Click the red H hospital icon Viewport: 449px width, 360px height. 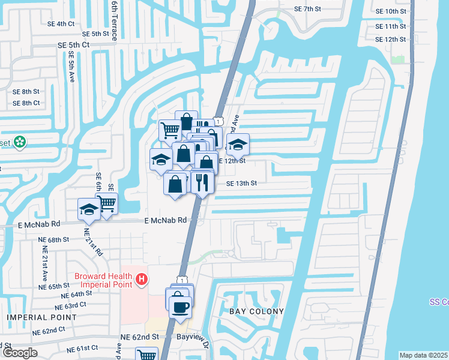click(x=142, y=279)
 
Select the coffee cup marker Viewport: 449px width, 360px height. click(x=180, y=308)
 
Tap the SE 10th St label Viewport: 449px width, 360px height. click(x=390, y=11)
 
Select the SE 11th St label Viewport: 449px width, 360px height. click(x=390, y=26)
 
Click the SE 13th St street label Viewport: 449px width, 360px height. click(x=241, y=184)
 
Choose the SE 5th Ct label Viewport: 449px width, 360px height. click(x=73, y=45)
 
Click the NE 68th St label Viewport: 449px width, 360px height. click(x=53, y=239)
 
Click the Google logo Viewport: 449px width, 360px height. click(x=20, y=353)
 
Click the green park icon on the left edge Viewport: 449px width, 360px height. click(x=20, y=142)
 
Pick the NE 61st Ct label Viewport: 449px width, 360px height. click(x=82, y=349)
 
